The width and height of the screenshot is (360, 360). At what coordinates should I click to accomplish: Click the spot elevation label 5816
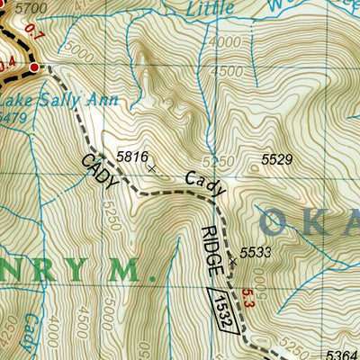tap(131, 156)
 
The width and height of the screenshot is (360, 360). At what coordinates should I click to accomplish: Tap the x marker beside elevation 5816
tap(151, 168)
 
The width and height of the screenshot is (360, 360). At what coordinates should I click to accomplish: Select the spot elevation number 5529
tap(277, 159)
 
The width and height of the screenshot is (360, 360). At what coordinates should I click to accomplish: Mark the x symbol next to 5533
tap(233, 260)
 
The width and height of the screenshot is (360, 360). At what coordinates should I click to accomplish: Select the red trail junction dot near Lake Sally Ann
tap(35, 67)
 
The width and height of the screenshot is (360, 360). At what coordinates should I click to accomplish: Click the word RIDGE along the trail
tap(210, 249)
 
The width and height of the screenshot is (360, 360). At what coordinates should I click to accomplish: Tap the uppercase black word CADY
tap(100, 171)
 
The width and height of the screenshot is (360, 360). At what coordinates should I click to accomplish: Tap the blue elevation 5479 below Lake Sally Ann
tap(13, 116)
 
